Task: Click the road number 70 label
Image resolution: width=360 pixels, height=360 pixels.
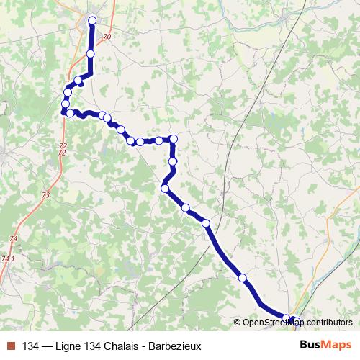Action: point(108,37)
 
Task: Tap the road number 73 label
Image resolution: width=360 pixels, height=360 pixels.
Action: point(46,195)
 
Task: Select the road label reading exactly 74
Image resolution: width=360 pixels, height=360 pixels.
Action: point(14,238)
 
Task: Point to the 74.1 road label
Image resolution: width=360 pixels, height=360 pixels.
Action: point(8,258)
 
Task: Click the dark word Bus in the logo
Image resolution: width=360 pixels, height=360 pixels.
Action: point(310,345)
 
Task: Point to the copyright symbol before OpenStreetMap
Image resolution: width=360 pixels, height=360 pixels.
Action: point(238,323)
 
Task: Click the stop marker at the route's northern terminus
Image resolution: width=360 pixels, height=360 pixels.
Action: point(92,20)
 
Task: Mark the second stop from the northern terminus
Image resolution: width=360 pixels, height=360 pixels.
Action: point(91,54)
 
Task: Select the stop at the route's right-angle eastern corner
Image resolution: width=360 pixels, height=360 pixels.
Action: point(173,138)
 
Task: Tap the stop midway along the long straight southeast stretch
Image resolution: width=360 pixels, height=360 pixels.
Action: point(243,277)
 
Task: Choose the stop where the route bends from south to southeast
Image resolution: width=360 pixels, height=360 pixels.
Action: point(165,188)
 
